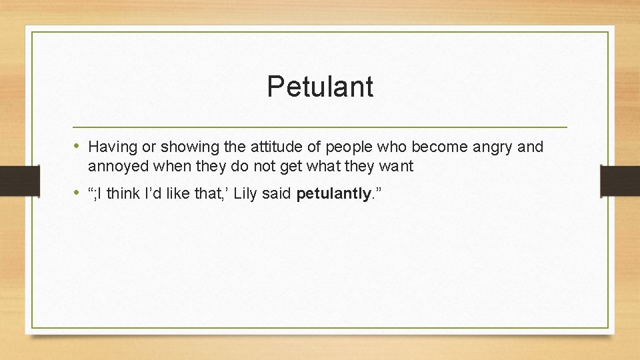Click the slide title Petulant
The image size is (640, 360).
coord(320,87)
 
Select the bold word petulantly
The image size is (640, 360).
coord(333,194)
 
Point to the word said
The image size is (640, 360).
coord(279,194)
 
